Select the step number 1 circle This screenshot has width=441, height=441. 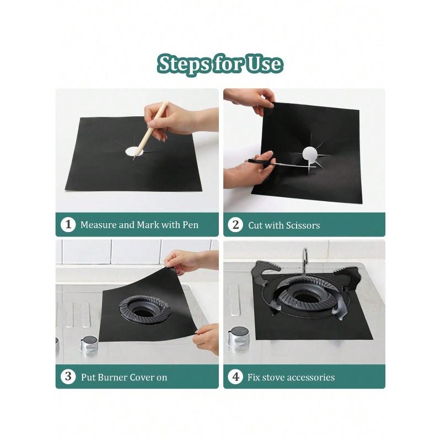tap(68, 225)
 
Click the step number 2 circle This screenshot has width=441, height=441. tap(235, 225)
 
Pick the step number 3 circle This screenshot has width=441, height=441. tap(68, 377)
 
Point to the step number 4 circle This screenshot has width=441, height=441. tap(235, 377)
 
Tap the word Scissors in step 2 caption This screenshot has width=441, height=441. tap(301, 225)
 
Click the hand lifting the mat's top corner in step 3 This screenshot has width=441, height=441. tap(182, 261)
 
